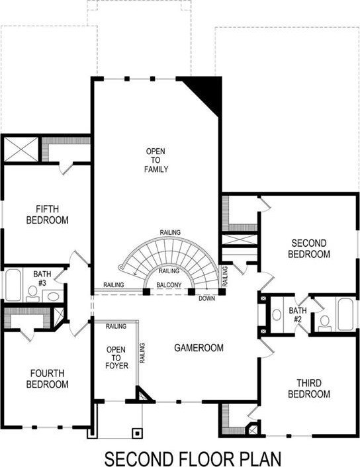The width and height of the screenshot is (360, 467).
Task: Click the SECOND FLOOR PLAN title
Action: (x=193, y=458)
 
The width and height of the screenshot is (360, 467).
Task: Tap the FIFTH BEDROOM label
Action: (x=48, y=214)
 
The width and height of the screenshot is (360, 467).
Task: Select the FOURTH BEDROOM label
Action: (x=48, y=378)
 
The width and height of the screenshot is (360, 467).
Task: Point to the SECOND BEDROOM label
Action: (x=309, y=249)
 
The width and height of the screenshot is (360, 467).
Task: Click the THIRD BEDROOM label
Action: (x=309, y=388)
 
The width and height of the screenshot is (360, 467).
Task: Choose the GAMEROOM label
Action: (x=199, y=347)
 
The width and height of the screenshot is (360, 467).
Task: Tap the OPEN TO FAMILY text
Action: (x=156, y=160)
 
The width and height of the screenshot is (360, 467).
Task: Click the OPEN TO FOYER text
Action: (x=116, y=357)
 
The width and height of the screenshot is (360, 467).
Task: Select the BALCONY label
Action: (x=169, y=285)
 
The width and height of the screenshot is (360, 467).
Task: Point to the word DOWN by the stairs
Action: (x=207, y=298)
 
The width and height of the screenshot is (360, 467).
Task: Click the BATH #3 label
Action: (x=42, y=278)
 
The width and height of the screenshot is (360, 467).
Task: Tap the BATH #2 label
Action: (x=297, y=315)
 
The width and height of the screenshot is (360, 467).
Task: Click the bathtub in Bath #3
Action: (x=13, y=285)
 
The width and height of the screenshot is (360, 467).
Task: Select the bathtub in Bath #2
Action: (x=345, y=314)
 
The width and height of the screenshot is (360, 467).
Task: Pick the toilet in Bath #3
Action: (x=32, y=294)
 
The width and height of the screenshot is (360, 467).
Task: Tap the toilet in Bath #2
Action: (x=324, y=323)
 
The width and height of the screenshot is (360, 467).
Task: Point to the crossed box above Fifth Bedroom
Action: (x=21, y=149)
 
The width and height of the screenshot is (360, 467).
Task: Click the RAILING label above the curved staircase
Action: (x=170, y=232)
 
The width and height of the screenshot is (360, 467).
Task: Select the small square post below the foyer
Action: (x=137, y=433)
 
